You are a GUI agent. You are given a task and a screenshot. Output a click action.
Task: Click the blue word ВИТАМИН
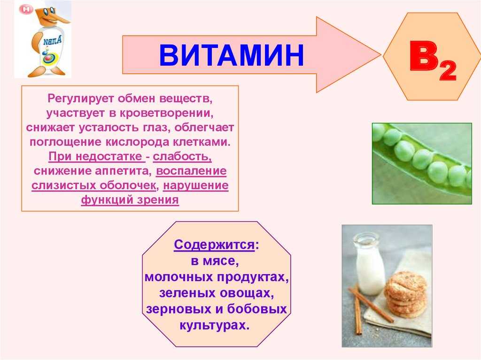click(231, 55)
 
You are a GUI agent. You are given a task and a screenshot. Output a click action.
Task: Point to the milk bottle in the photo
click(369, 264)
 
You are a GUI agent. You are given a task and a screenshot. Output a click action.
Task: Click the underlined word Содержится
click(214, 245)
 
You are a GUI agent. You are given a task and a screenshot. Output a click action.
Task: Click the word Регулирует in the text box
click(81, 99)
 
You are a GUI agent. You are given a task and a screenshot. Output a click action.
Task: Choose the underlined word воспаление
click(192, 171)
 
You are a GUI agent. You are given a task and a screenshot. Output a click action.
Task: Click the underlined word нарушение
click(196, 185)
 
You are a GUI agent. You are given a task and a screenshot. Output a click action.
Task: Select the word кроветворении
click(166, 114)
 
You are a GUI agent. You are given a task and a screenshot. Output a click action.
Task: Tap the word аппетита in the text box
click(123, 171)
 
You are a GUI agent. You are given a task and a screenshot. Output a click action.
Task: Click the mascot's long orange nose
click(60, 19)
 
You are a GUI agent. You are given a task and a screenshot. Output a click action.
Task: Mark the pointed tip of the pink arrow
click(380, 55)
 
